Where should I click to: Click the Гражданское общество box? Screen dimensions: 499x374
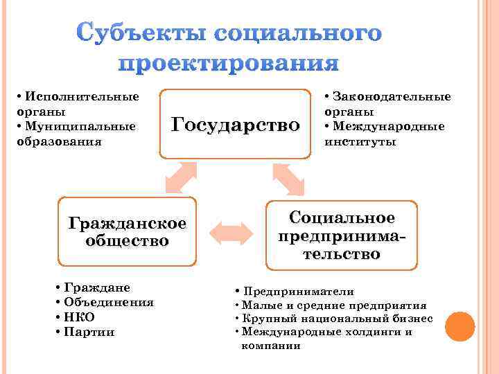point(128,231)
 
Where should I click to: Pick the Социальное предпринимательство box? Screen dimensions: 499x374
point(342,235)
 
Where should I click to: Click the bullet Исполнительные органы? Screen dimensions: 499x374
point(77,104)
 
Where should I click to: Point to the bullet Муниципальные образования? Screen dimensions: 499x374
point(76,134)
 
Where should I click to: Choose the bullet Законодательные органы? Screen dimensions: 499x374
point(387,104)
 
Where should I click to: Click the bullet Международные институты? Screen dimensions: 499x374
point(384,134)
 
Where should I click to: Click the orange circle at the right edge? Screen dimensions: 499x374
point(459,326)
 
